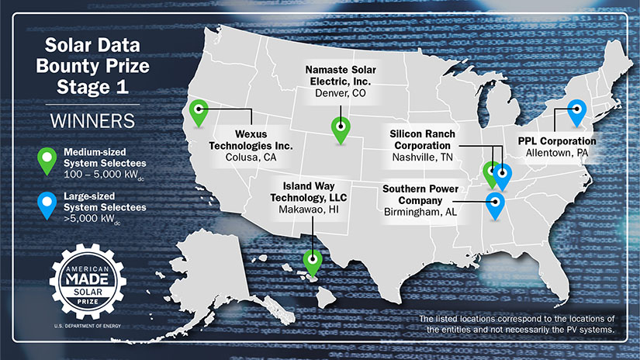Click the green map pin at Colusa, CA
click(x=200, y=112)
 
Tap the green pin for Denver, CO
click(x=340, y=127)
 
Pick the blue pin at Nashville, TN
click(x=502, y=175)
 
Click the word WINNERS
click(x=92, y=122)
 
